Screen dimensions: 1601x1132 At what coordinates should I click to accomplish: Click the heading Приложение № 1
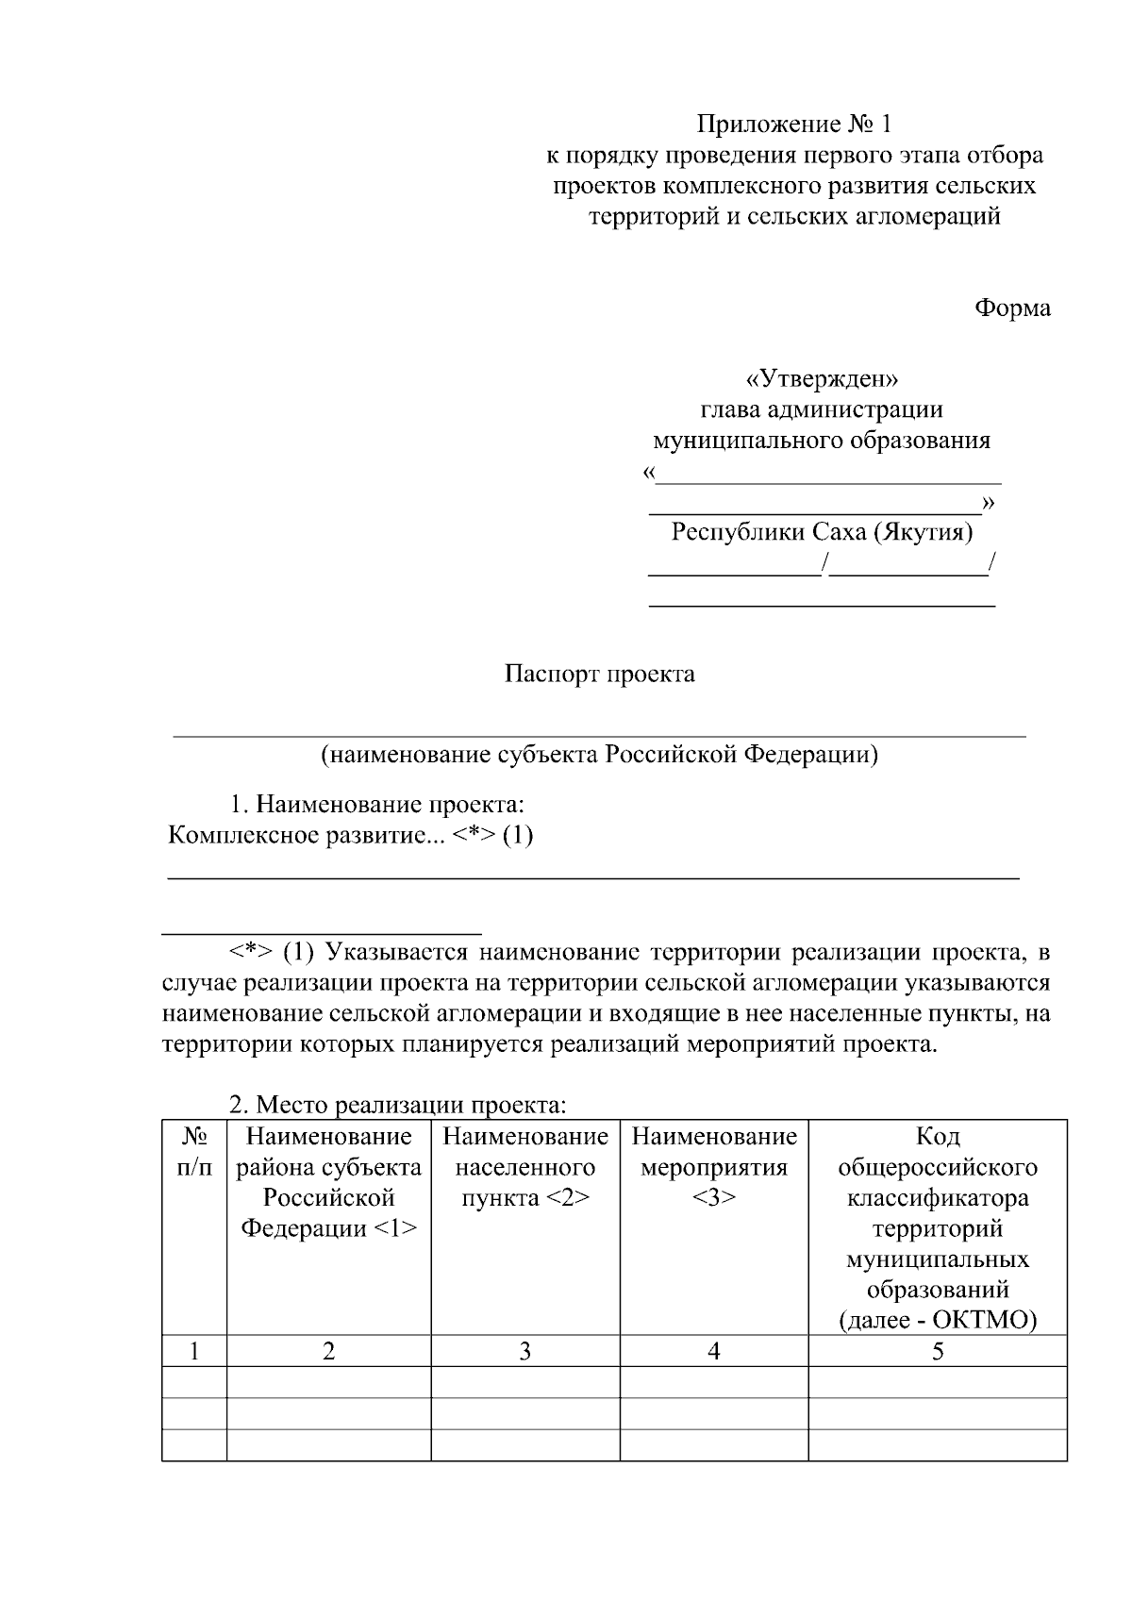click(x=793, y=124)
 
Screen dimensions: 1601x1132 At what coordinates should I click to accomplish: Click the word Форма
click(x=1012, y=308)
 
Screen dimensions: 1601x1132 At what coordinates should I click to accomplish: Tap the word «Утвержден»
click(x=821, y=379)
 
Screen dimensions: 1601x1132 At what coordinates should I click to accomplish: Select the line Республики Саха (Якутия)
click(x=822, y=532)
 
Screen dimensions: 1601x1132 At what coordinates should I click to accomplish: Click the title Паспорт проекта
click(x=599, y=674)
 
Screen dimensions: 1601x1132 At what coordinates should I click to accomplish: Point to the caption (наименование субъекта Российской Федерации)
click(x=599, y=755)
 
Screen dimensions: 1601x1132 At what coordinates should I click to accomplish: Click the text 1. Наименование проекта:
click(x=377, y=806)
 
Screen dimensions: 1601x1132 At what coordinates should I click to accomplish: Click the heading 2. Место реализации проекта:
click(x=398, y=1104)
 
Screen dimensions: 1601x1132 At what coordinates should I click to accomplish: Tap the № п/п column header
click(x=194, y=1152)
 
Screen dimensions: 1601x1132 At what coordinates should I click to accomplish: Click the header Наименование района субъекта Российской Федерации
click(x=328, y=1182)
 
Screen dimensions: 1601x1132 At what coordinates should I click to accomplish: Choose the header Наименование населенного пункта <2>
click(x=525, y=1167)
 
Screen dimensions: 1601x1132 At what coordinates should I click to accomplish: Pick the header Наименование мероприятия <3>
click(x=714, y=1167)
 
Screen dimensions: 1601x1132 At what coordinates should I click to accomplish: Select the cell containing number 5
click(x=938, y=1351)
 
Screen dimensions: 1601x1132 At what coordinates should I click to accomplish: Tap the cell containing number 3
click(x=525, y=1351)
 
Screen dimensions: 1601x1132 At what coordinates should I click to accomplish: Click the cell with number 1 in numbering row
click(x=194, y=1351)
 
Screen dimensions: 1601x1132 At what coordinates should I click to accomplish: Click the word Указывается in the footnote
click(x=396, y=952)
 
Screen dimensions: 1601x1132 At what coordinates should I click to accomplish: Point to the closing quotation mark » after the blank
click(x=988, y=502)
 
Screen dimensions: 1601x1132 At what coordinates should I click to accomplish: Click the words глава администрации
click(x=822, y=409)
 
